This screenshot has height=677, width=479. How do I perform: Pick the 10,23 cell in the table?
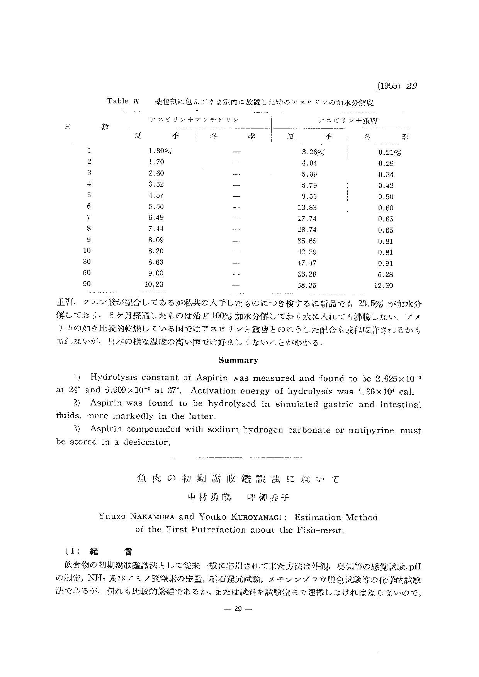154,284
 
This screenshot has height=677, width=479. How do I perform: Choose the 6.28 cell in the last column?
386,274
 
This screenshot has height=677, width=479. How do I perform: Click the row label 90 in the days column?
87,284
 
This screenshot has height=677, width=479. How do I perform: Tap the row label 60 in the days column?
87,273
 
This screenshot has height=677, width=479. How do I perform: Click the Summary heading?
238,360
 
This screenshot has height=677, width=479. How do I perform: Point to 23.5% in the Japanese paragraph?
371,303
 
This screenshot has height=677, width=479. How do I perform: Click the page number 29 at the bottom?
238,609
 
